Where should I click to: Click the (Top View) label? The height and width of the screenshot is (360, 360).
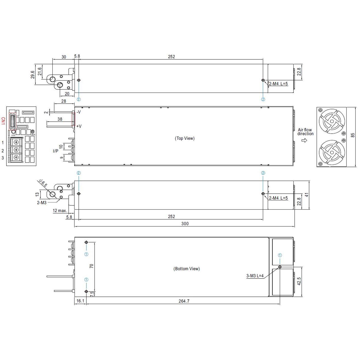coord(185,138)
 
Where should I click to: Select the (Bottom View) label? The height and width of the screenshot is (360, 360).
coord(186,269)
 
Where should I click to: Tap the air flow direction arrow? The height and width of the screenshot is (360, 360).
coord(304,140)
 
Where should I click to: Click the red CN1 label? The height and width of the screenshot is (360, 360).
coord(3,121)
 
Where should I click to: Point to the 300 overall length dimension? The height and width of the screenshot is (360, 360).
coord(185,224)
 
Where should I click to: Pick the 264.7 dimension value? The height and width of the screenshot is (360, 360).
coord(184,301)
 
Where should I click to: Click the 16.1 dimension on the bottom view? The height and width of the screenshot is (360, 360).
coord(80,301)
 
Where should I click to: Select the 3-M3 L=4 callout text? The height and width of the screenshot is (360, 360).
coord(255,276)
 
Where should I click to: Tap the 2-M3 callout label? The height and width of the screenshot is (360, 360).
coord(42,203)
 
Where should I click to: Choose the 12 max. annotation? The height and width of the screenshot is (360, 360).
coord(60,211)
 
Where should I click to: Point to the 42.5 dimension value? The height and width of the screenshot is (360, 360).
coord(299,281)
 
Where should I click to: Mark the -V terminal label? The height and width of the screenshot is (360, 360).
coord(78,112)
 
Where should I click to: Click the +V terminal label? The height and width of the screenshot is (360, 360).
coord(79,126)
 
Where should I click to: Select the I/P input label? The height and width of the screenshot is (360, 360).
coord(55,151)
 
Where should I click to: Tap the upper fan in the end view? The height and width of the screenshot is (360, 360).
coord(332,121)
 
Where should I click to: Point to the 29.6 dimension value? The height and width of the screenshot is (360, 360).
coord(33,75)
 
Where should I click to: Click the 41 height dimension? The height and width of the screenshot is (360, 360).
coord(307,195)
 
